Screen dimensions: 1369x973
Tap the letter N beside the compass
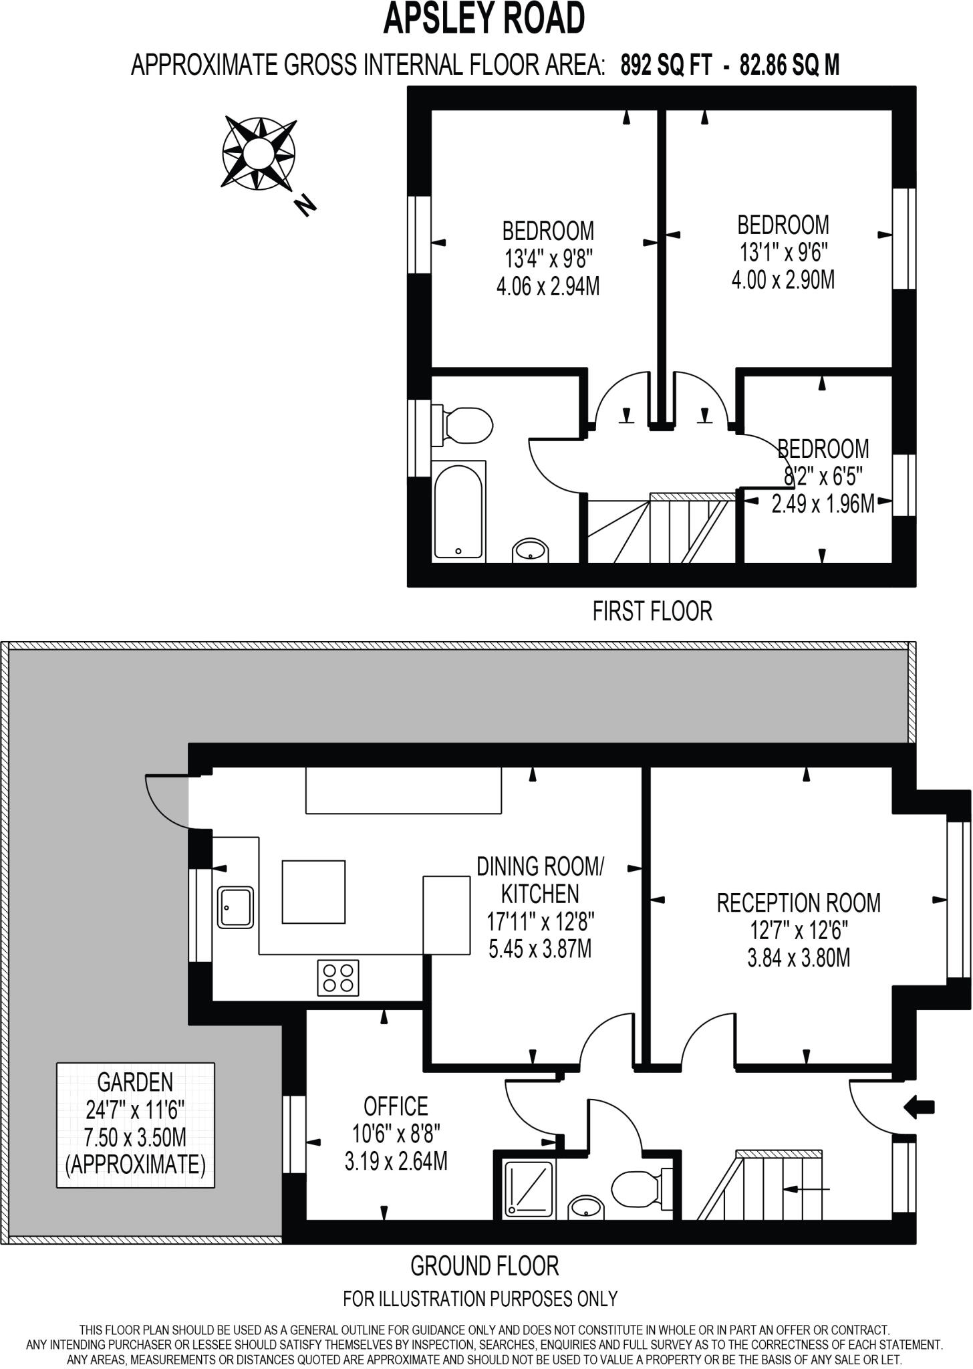[305, 206]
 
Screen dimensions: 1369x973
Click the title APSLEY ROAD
[484, 19]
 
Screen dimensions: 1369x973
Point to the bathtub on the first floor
[458, 510]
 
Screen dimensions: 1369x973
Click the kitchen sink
[235, 908]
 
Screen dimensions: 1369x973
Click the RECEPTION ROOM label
[799, 902]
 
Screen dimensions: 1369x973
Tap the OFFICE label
[396, 1106]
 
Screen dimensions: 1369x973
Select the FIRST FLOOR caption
[652, 611]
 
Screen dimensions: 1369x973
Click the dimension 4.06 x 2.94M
[547, 287]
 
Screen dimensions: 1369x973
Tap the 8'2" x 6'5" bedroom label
[823, 477]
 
